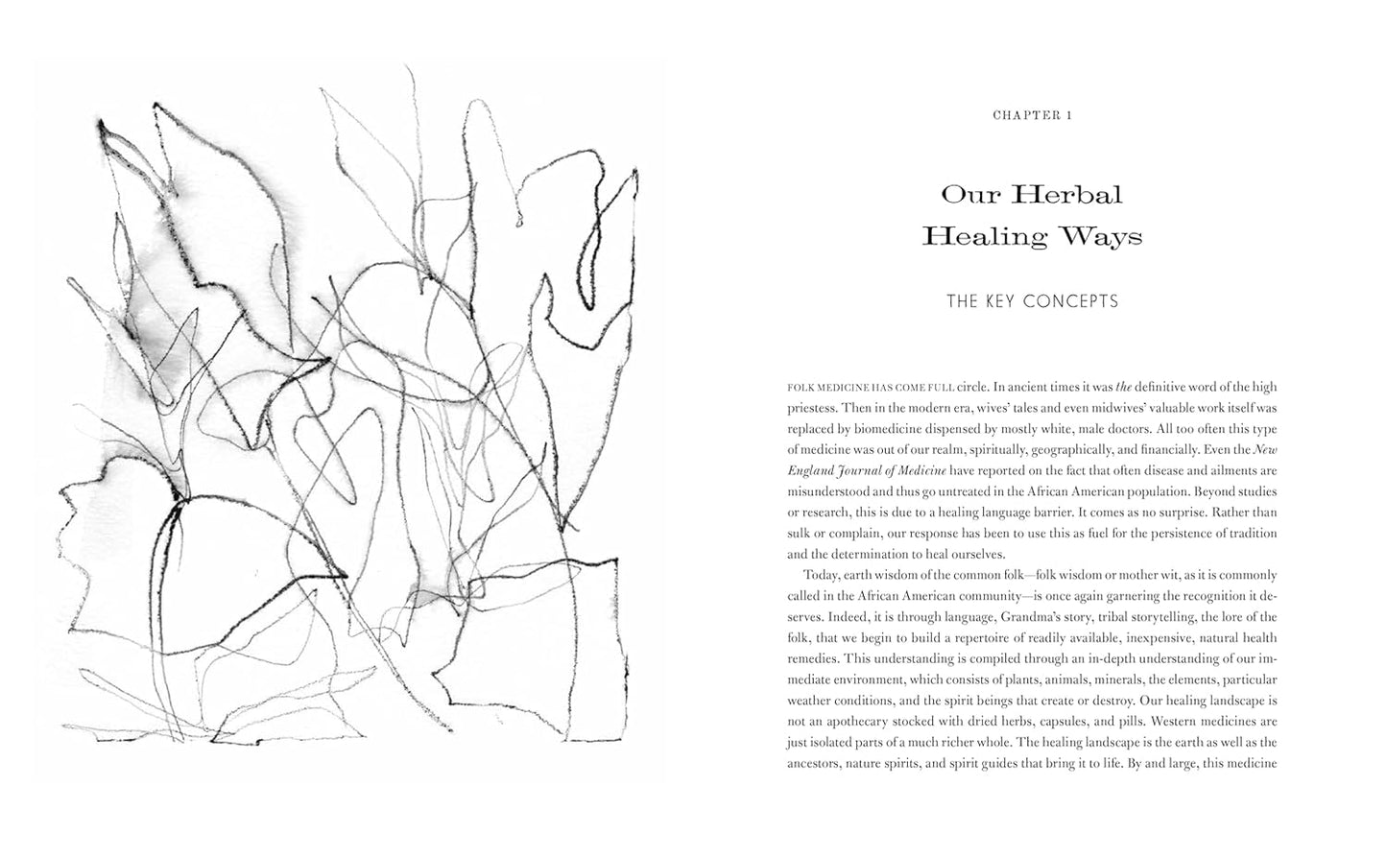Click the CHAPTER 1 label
click(1032, 115)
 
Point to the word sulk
click(799, 533)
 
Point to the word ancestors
click(816, 763)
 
